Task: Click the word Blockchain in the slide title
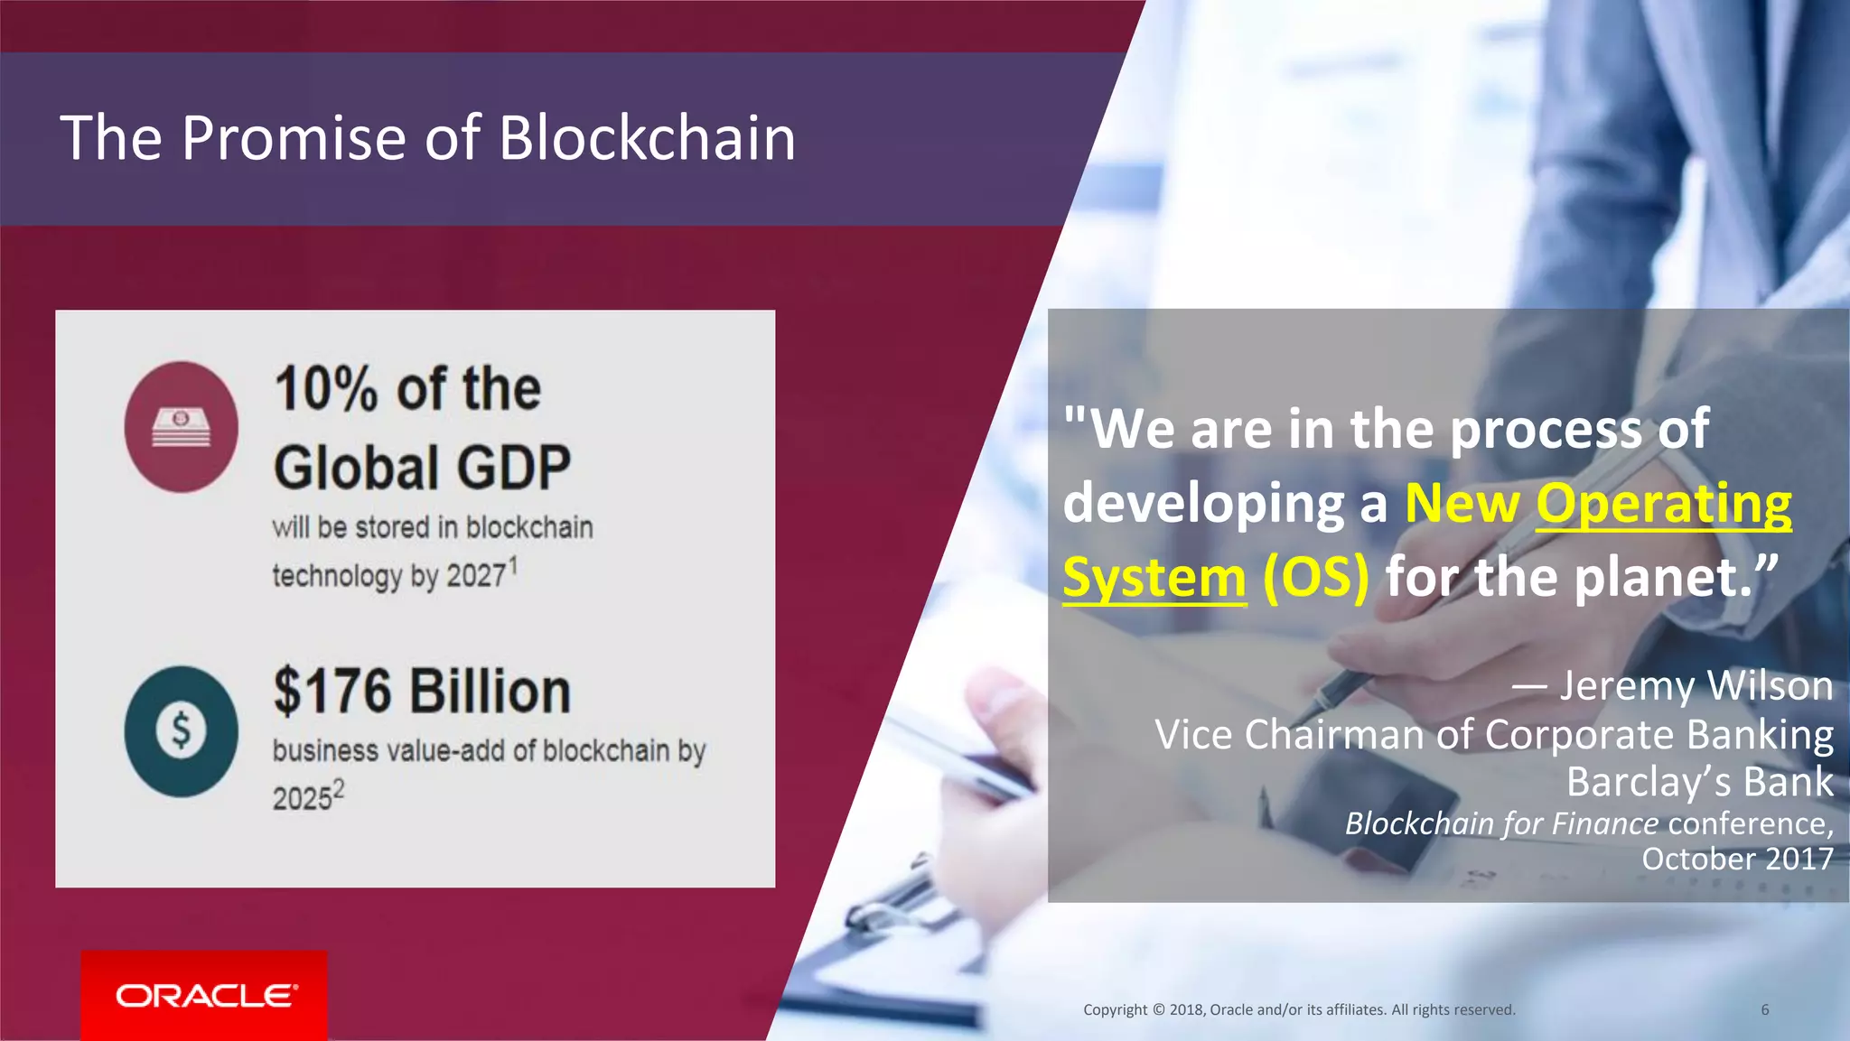[x=646, y=138]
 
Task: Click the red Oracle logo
[x=204, y=995]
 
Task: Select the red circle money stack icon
[x=182, y=427]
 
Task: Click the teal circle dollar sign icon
[x=182, y=731]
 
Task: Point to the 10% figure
[x=326, y=389]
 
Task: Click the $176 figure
[x=332, y=692]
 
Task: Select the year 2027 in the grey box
[x=476, y=576]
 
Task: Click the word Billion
[x=491, y=692]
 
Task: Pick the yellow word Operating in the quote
[x=1663, y=503]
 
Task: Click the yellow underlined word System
[x=1154, y=578]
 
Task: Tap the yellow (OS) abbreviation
[x=1316, y=578]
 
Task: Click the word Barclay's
[x=1649, y=782]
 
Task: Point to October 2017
[x=1737, y=859]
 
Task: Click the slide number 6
[x=1765, y=1009]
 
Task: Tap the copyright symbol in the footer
[x=1159, y=1009]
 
